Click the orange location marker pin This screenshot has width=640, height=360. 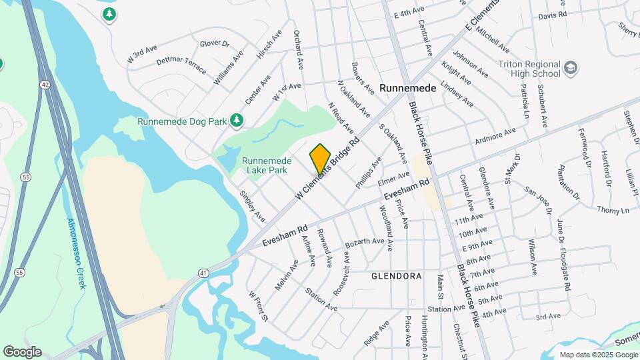(320, 158)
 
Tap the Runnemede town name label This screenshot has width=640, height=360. (407, 88)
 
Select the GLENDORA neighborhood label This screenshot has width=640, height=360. (397, 275)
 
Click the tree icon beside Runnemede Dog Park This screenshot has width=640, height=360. (235, 120)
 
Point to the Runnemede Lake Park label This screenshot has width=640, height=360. (265, 165)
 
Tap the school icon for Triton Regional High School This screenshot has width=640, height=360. (571, 67)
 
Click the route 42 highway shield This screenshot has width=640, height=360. (43, 65)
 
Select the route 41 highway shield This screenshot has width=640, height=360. (203, 272)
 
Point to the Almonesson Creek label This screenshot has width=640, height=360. (76, 253)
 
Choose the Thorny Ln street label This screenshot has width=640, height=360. (613, 210)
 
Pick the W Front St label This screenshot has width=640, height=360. (257, 305)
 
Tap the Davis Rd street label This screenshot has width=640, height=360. (552, 14)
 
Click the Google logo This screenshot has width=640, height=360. (22, 351)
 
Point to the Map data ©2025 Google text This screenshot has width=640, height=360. (597, 355)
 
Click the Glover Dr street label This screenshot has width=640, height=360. (214, 44)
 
